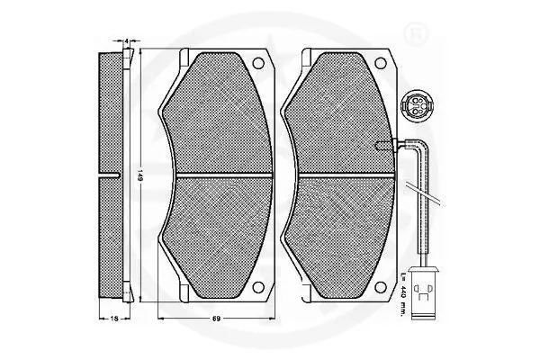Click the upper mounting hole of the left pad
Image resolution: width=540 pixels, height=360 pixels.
click(260, 65)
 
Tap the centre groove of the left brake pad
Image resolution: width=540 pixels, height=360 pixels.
click(213, 171)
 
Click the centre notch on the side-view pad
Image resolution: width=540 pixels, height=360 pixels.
click(117, 171)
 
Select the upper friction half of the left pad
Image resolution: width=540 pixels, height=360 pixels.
click(213, 112)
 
